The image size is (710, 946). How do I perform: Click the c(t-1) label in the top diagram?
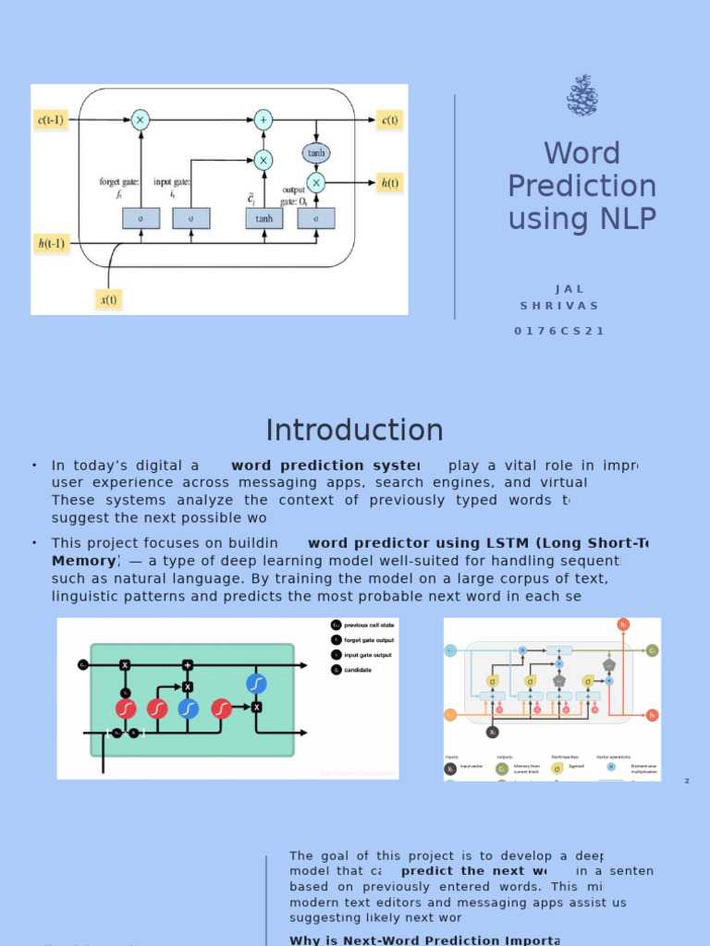(51, 120)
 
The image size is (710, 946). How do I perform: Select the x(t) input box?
(109, 298)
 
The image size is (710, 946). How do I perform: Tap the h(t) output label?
(390, 182)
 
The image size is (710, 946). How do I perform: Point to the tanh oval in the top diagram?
(316, 153)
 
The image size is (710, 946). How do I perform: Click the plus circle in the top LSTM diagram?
(263, 120)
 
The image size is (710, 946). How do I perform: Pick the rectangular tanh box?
(264, 218)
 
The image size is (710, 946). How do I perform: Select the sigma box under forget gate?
(141, 218)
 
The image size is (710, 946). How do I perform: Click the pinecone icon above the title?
(581, 95)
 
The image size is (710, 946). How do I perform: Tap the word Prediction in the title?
(581, 186)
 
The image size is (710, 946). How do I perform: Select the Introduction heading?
(354, 431)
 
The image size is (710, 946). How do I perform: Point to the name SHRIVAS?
(559, 306)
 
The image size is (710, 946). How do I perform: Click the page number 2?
(687, 782)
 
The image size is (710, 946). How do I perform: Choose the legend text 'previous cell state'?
(369, 625)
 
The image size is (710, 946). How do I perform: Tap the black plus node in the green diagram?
(188, 665)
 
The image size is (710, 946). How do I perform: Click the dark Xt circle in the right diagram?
(493, 732)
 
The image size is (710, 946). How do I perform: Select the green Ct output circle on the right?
(652, 650)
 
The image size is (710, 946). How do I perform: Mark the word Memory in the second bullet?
(83, 561)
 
